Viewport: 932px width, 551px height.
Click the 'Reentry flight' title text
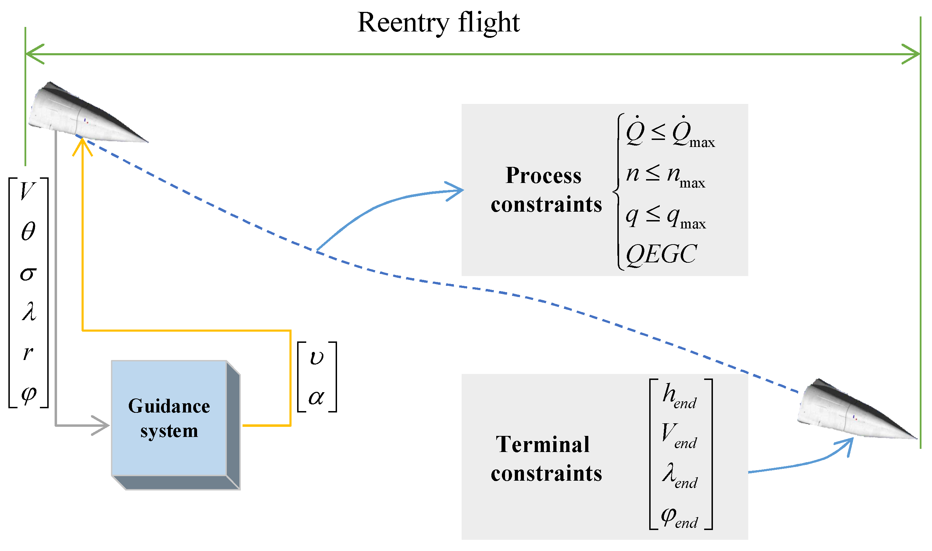(x=438, y=23)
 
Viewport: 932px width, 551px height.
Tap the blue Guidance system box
(x=169, y=418)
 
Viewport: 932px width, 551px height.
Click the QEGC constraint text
(x=661, y=255)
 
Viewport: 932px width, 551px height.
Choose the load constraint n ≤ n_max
(x=665, y=175)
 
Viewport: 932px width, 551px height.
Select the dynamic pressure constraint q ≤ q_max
(x=665, y=217)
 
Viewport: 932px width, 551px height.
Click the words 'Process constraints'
(x=546, y=190)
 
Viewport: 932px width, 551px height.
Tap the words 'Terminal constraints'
(x=546, y=459)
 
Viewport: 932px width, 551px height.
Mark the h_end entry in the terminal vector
(x=679, y=396)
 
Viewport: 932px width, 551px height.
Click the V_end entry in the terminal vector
(x=679, y=435)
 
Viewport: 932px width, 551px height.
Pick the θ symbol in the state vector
(x=28, y=231)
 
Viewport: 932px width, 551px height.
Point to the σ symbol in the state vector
(x=28, y=274)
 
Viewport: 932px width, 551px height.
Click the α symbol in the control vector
(x=316, y=398)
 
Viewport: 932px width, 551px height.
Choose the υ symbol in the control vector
(x=316, y=357)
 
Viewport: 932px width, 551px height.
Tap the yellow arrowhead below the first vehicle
(x=82, y=147)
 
